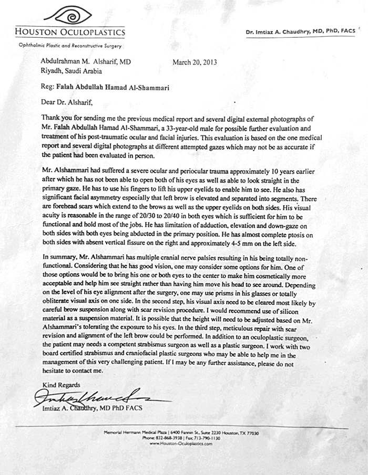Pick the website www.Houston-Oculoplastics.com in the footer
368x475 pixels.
tap(180, 444)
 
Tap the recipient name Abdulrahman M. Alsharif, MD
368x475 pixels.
tap(86, 61)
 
